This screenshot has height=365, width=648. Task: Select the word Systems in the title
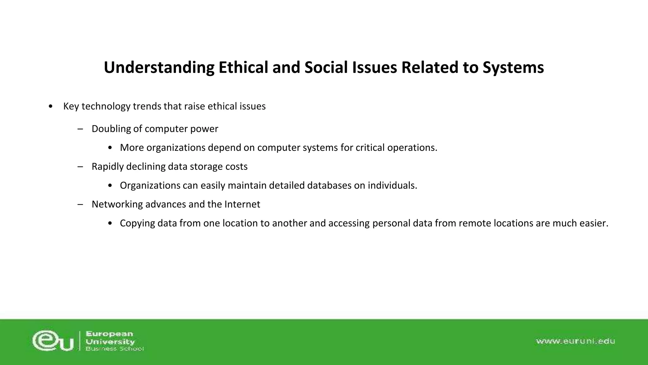point(513,67)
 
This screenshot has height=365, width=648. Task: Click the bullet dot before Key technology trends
point(51,106)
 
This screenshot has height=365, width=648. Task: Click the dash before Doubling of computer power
point(80,129)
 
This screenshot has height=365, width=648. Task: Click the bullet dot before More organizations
point(110,148)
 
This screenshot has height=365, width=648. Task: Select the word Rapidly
point(108,167)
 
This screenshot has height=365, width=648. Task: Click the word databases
point(329,185)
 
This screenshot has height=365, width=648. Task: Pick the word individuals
point(392,185)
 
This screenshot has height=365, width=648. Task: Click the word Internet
point(242,204)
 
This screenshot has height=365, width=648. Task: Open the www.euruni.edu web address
point(575,341)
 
